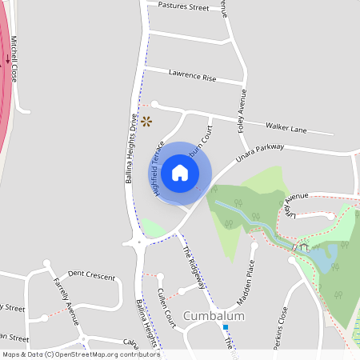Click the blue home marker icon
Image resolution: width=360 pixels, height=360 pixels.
pos(180,173)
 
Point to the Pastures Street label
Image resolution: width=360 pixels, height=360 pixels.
pos(183,7)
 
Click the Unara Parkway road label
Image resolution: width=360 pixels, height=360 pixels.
pos(260,153)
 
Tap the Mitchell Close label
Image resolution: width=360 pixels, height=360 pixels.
pos(14,62)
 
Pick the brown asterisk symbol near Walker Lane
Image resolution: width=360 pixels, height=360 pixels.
pos(146,122)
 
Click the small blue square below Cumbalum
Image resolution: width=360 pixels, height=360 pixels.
pos(226,327)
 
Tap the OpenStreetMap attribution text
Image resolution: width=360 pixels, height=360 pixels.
pos(80,354)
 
